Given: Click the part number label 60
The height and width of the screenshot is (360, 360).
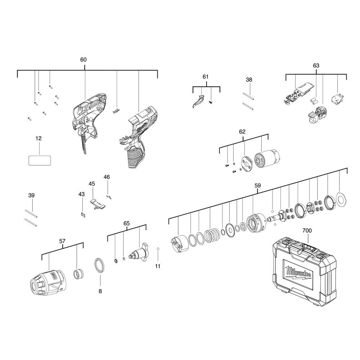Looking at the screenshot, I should tap(83, 60).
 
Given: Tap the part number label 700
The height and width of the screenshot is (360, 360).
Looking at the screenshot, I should tap(307, 230).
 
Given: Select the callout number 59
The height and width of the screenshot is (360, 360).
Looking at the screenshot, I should tap(257, 186).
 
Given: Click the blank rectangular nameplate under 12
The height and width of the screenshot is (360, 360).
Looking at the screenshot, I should tap(39, 160).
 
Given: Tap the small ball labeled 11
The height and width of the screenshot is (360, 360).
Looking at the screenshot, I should tap(158, 249).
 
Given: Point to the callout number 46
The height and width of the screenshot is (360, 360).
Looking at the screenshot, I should tap(107, 177).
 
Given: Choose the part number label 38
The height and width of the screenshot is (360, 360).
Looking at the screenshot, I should tap(249, 80).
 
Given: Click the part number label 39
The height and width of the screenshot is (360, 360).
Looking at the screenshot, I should tap(31, 195).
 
